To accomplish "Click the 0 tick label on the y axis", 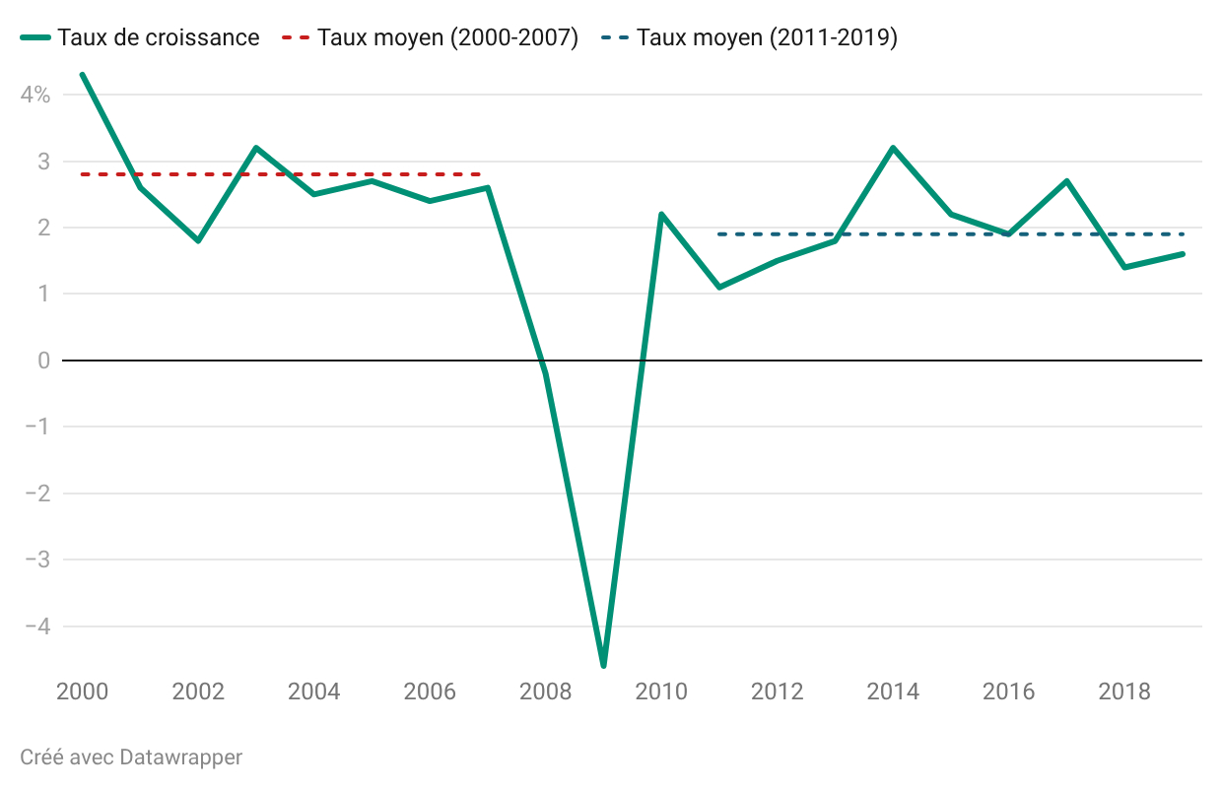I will pyautogui.click(x=43, y=361).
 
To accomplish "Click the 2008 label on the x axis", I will pyautogui.click(x=545, y=691).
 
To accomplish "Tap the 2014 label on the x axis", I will pyautogui.click(x=893, y=691).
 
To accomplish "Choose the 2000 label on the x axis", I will pyautogui.click(x=83, y=691).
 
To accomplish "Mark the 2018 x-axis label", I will pyautogui.click(x=1124, y=691).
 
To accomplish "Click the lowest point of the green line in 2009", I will pyautogui.click(x=603, y=665).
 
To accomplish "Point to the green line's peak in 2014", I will pyautogui.click(x=893, y=148).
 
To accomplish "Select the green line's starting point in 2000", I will pyautogui.click(x=82, y=75).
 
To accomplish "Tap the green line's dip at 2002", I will pyautogui.click(x=198, y=240).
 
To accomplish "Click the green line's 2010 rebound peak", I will pyautogui.click(x=661, y=214).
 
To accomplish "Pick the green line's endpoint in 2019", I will pyautogui.click(x=1183, y=254).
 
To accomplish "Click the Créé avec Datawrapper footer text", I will pyautogui.click(x=131, y=757).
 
